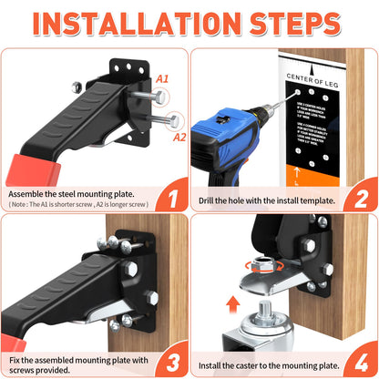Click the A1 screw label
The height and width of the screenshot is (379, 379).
pos(162,79)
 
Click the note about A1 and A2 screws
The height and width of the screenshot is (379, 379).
pos(79,205)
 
